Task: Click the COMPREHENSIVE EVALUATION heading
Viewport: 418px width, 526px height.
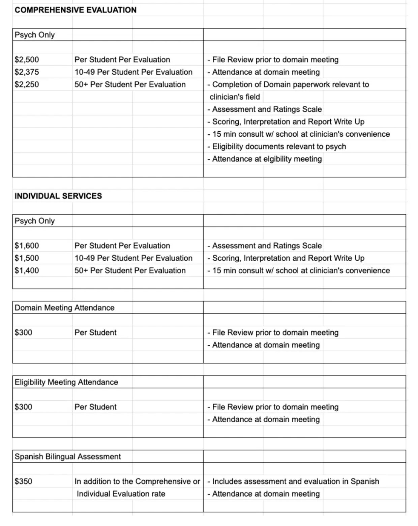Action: tap(76, 10)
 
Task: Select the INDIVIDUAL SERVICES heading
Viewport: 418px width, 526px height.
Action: tap(58, 196)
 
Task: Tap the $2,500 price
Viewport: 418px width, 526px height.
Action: tap(27, 59)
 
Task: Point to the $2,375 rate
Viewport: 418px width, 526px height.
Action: tap(27, 72)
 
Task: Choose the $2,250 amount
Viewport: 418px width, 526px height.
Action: tap(27, 84)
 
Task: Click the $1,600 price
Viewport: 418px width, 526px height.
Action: tap(27, 245)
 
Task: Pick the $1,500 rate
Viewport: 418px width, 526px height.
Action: tap(27, 258)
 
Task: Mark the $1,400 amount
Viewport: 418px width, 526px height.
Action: tap(27, 270)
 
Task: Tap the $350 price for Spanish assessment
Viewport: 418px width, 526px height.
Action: tap(23, 481)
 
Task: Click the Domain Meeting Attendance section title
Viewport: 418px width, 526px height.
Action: tap(64, 308)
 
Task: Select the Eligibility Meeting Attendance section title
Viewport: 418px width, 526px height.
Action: tap(66, 382)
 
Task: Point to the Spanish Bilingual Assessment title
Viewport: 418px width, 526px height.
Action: tap(67, 456)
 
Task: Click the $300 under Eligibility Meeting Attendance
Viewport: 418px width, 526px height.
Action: tap(23, 407)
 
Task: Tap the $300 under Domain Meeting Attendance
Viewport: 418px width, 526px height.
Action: tap(23, 332)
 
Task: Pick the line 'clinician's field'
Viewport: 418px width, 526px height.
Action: tap(235, 97)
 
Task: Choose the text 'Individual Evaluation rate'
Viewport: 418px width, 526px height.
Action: tap(121, 494)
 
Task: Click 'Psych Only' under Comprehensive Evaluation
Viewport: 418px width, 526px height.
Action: tap(34, 35)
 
